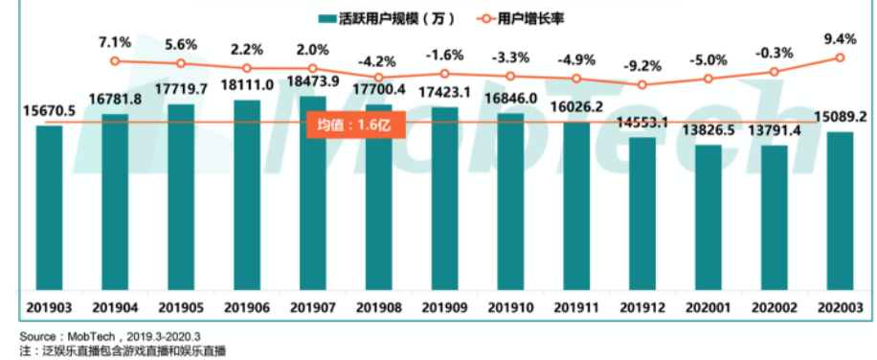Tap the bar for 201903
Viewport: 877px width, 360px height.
[50, 207]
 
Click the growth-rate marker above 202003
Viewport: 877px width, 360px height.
[840, 57]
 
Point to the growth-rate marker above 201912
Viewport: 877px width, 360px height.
[641, 84]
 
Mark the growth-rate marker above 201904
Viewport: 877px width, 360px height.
[115, 61]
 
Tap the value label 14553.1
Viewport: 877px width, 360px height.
[641, 124]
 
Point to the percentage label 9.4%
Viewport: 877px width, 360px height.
[840, 39]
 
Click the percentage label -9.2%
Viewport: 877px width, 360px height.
[641, 66]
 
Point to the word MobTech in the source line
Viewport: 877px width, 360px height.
[92, 336]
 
